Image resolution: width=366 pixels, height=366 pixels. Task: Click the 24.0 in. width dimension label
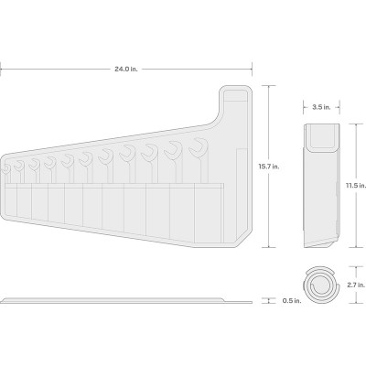[x=126, y=70]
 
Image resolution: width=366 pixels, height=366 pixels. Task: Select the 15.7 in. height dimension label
[x=269, y=167]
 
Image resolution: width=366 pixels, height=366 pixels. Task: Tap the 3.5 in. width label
[x=321, y=107]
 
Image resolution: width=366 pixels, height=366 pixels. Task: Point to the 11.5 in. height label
[x=356, y=186]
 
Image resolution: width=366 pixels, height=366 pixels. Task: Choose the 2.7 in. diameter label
[x=356, y=285]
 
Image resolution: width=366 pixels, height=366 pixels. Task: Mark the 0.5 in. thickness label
[x=292, y=301]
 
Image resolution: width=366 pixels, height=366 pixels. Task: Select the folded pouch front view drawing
[x=322, y=186]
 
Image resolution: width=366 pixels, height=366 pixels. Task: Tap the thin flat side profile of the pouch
[x=126, y=300]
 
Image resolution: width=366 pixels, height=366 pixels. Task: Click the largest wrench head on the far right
[x=199, y=147]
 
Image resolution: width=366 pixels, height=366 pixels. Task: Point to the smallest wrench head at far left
[x=5, y=169]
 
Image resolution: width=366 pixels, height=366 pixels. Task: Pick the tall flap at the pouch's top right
[x=235, y=103]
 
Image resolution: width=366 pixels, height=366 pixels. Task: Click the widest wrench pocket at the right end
[x=209, y=213]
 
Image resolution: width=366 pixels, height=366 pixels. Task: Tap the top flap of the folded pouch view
[x=322, y=137]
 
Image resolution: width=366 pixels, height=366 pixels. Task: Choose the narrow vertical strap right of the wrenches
[x=242, y=190]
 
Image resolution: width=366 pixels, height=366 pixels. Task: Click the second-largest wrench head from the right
[x=173, y=149]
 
